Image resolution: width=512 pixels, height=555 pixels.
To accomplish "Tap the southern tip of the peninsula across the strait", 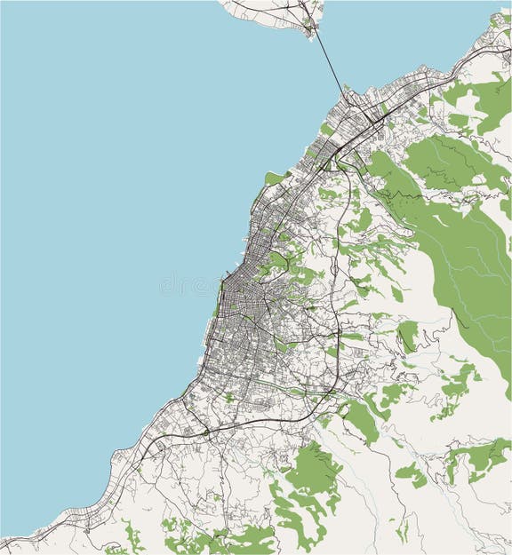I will pyautogui.click(x=311, y=34).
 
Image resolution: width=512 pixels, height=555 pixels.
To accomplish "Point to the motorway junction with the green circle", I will pyautogui.click(x=205, y=432).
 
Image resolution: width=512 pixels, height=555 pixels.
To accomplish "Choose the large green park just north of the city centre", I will pyautogui.click(x=277, y=260).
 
